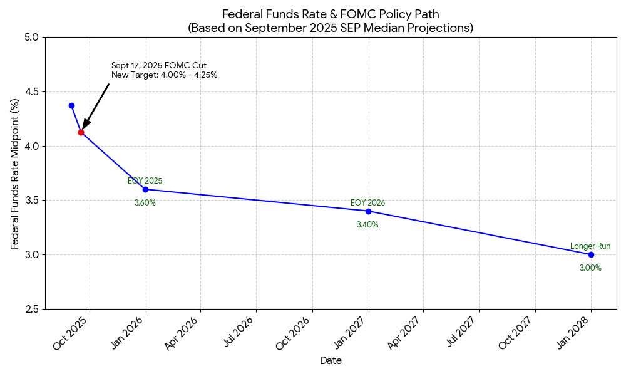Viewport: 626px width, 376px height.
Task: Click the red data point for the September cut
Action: tap(81, 132)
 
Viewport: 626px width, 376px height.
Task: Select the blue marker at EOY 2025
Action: tap(145, 189)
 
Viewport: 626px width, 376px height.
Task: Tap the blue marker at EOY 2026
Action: tap(368, 211)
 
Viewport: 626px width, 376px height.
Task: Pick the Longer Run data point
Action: tap(591, 254)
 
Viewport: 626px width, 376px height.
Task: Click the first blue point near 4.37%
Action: tap(71, 105)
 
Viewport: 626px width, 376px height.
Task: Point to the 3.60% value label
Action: tap(145, 203)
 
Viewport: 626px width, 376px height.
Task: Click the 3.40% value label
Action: tap(367, 225)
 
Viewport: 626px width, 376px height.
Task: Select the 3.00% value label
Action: tap(590, 268)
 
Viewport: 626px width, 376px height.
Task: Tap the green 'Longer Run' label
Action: tap(590, 246)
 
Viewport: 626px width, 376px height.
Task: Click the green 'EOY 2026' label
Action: tap(367, 203)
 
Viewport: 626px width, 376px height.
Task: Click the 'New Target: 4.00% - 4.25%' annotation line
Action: tap(164, 75)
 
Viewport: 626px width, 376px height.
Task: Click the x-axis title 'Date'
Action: tap(331, 361)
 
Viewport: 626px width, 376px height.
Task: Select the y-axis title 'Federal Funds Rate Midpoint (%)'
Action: tap(15, 174)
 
